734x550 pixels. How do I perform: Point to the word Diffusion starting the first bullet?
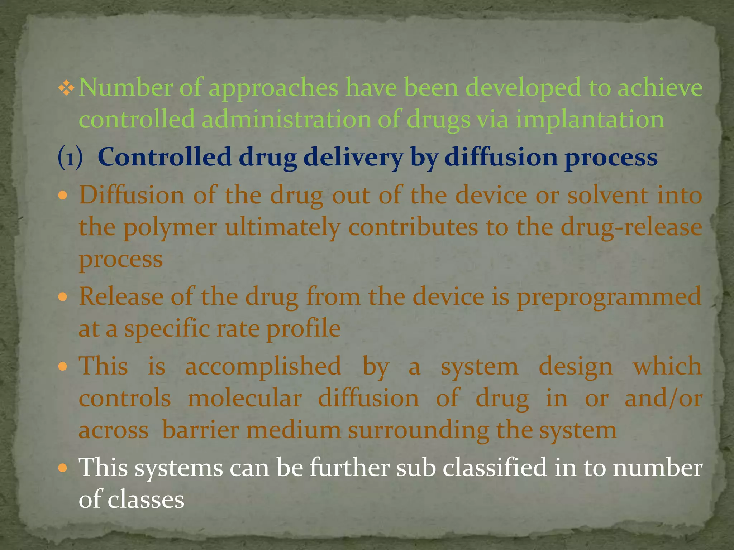click(132, 196)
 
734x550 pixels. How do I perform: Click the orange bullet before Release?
click(63, 297)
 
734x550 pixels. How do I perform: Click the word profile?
click(303, 329)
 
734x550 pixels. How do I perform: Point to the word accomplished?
click(263, 367)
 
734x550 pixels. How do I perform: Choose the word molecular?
click(244, 399)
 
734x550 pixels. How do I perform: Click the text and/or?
click(663, 399)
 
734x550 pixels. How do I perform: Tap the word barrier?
click(200, 430)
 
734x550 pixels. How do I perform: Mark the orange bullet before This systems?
click(63, 468)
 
